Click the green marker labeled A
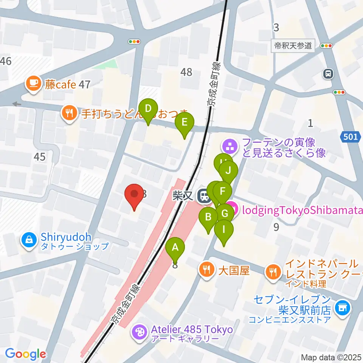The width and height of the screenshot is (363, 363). pyautogui.click(x=175, y=248)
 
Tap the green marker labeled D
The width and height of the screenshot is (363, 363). pyautogui.click(x=148, y=109)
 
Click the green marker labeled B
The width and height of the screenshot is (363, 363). pyautogui.click(x=208, y=217)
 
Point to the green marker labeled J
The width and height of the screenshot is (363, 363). pyautogui.click(x=228, y=170)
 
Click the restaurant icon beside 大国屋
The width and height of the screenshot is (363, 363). pyautogui.click(x=206, y=271)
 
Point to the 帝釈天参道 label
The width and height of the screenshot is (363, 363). pyautogui.click(x=293, y=46)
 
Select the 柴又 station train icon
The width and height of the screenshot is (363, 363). pyautogui.click(x=205, y=195)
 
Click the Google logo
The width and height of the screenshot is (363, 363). pyautogui.click(x=25, y=354)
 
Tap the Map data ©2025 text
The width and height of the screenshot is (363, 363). pyautogui.click(x=331, y=357)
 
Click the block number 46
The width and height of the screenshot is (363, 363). pyautogui.click(x=6, y=60)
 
